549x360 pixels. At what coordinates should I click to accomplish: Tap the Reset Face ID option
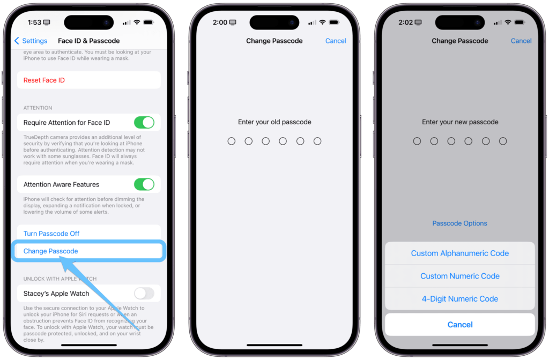44,80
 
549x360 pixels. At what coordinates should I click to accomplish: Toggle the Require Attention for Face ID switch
144,123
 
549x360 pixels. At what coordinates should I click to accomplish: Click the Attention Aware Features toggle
144,184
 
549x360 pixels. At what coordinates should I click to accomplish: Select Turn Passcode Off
51,234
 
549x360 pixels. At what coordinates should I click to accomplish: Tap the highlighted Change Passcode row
51,251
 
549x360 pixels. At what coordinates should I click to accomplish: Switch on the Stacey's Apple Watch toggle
144,294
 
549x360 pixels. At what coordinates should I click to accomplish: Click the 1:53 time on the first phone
35,22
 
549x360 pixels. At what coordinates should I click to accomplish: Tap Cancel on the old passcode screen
336,41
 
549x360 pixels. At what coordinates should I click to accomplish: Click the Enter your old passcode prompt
274,122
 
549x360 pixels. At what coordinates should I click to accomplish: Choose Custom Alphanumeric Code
460,253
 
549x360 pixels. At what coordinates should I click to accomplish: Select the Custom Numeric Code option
460,276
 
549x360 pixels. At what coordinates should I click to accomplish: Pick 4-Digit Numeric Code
460,299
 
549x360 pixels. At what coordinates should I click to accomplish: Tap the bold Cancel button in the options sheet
460,325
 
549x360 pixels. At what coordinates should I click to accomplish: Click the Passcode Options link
460,223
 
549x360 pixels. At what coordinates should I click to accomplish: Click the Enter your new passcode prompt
460,122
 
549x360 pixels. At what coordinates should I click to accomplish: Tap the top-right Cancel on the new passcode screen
521,41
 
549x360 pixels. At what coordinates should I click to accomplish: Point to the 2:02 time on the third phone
406,22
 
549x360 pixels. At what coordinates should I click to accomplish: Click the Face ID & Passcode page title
88,41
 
